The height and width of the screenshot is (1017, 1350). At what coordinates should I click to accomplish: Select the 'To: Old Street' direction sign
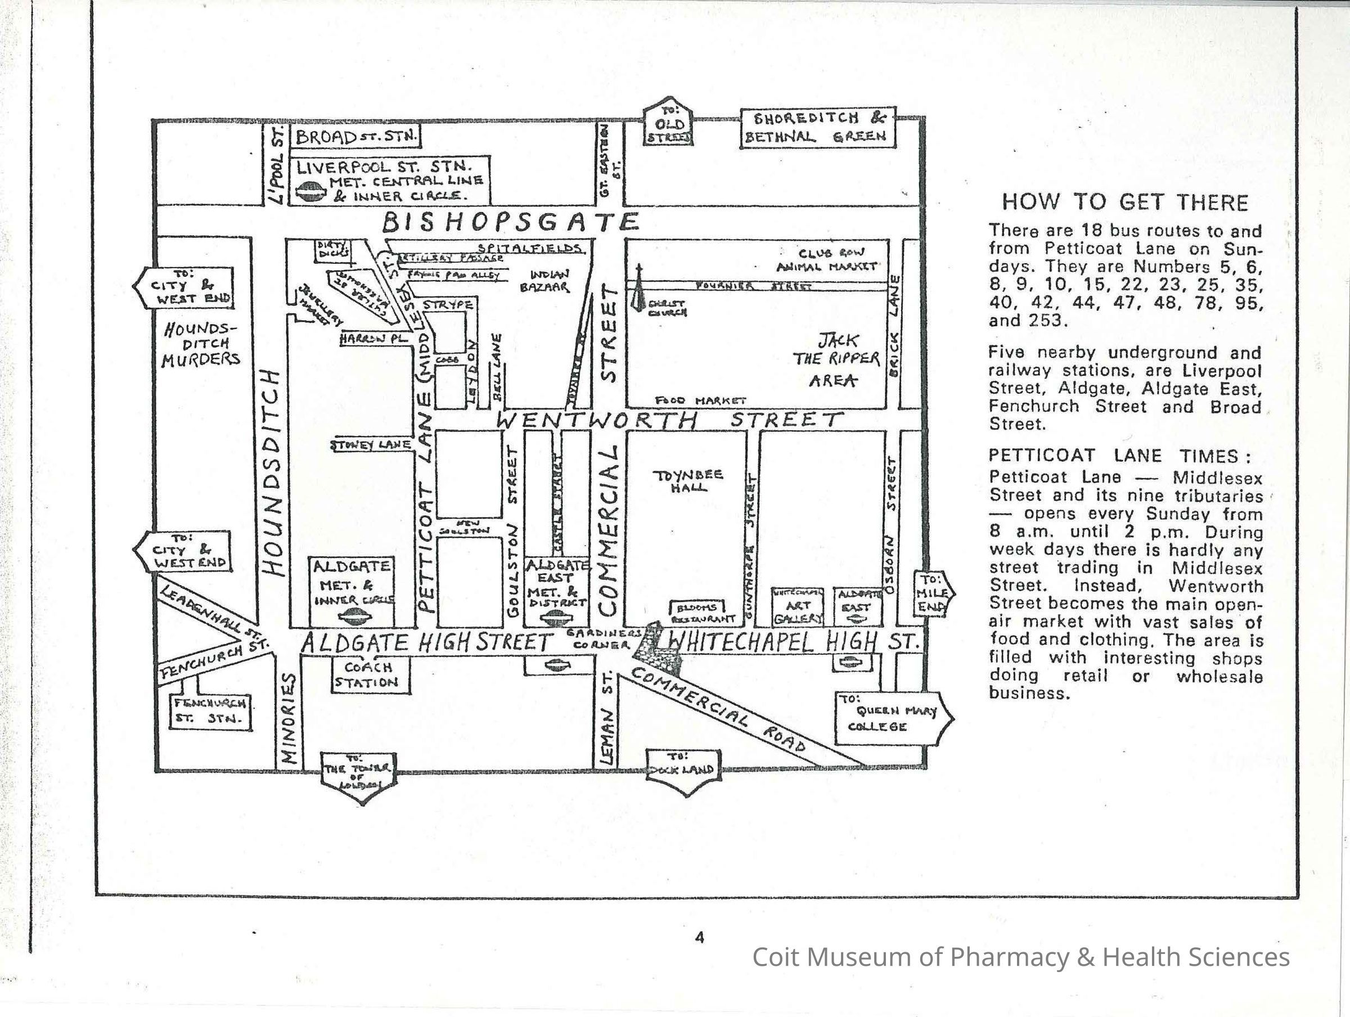pyautogui.click(x=669, y=123)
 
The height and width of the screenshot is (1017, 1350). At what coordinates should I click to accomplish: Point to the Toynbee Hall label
pyautogui.click(x=688, y=481)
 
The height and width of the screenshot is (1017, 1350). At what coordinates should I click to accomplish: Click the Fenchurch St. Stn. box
pyautogui.click(x=210, y=710)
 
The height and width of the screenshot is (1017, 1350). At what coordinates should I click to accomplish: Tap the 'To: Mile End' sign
pyautogui.click(x=933, y=593)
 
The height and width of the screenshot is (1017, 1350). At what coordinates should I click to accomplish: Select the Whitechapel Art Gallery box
pyautogui.click(x=798, y=607)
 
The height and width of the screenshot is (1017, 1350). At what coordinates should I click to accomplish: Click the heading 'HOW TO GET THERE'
pyautogui.click(x=1125, y=202)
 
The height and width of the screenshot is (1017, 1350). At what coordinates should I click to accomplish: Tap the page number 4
pyautogui.click(x=699, y=937)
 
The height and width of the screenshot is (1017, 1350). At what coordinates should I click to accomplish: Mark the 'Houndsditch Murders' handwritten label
pyautogui.click(x=200, y=345)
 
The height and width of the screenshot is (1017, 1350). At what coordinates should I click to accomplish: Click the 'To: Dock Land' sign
pyautogui.click(x=682, y=771)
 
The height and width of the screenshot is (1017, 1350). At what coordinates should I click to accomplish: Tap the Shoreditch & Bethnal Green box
pyautogui.click(x=818, y=128)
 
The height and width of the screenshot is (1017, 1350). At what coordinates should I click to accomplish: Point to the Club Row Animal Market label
pyautogui.click(x=827, y=260)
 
